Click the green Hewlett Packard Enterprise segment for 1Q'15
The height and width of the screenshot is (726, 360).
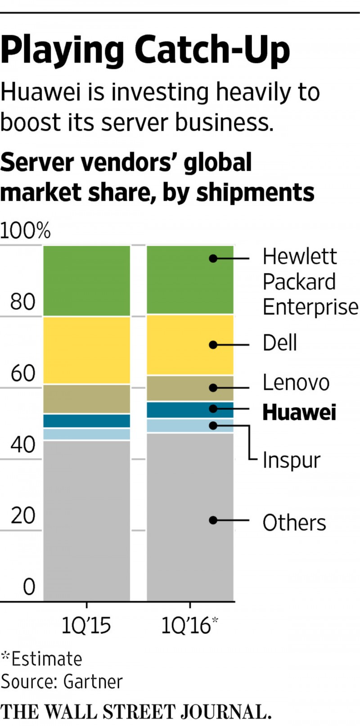pos(87,280)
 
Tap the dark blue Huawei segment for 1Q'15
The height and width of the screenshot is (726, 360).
pos(87,421)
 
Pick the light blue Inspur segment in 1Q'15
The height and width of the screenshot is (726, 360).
pos(87,434)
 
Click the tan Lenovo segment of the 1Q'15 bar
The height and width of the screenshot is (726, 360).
pos(87,399)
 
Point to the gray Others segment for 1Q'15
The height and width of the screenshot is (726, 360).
pos(87,520)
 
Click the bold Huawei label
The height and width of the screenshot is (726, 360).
pos(299,412)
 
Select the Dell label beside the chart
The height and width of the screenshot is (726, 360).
pos(279,343)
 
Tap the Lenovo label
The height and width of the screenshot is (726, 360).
pos(296,383)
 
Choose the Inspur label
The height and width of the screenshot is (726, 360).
pos(291,460)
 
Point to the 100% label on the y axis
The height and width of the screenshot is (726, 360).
pos(25,231)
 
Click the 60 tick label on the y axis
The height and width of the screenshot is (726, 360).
pos(23,373)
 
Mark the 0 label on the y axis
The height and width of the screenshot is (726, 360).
pos(29,587)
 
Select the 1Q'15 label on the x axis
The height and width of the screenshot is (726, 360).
pos(86,626)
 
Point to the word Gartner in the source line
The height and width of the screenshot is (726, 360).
pos(93,681)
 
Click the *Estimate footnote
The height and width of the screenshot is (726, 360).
pos(41,659)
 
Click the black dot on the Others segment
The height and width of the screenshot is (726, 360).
pos(213,520)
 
